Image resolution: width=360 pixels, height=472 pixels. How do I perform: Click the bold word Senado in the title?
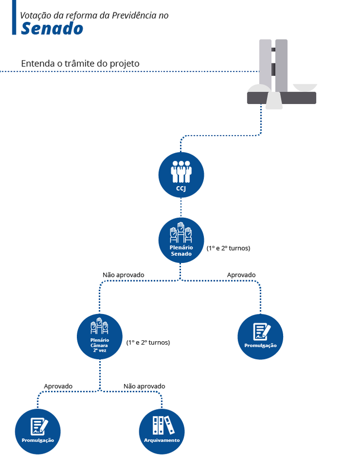click(52, 29)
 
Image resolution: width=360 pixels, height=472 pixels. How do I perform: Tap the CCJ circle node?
click(181, 175)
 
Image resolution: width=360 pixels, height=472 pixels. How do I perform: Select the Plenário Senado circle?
click(181, 240)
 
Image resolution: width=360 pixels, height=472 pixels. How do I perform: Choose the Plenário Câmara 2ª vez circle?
click(100, 336)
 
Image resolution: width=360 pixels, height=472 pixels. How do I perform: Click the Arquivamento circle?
click(161, 431)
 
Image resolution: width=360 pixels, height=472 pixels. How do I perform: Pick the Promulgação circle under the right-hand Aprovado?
click(260, 336)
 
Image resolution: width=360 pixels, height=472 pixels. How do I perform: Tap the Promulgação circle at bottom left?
click(38, 431)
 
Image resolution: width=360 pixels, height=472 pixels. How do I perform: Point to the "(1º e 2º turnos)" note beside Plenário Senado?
click(228, 248)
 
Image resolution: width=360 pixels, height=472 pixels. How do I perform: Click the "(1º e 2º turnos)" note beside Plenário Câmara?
click(148, 342)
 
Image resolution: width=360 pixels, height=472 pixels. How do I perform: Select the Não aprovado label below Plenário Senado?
click(123, 275)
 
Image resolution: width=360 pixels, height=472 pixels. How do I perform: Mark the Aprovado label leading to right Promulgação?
click(241, 275)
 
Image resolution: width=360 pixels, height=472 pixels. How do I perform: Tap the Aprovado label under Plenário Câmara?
click(58, 386)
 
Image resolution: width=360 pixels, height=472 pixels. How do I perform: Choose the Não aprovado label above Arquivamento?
click(144, 386)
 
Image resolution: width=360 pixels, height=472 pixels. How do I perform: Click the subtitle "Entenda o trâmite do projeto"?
click(80, 63)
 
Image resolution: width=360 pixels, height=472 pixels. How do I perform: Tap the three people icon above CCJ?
click(181, 171)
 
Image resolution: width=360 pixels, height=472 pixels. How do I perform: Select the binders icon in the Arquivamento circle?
click(161, 425)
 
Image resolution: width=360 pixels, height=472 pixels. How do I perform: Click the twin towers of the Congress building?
click(274, 64)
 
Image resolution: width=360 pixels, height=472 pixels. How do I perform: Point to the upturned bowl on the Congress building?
click(305, 87)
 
